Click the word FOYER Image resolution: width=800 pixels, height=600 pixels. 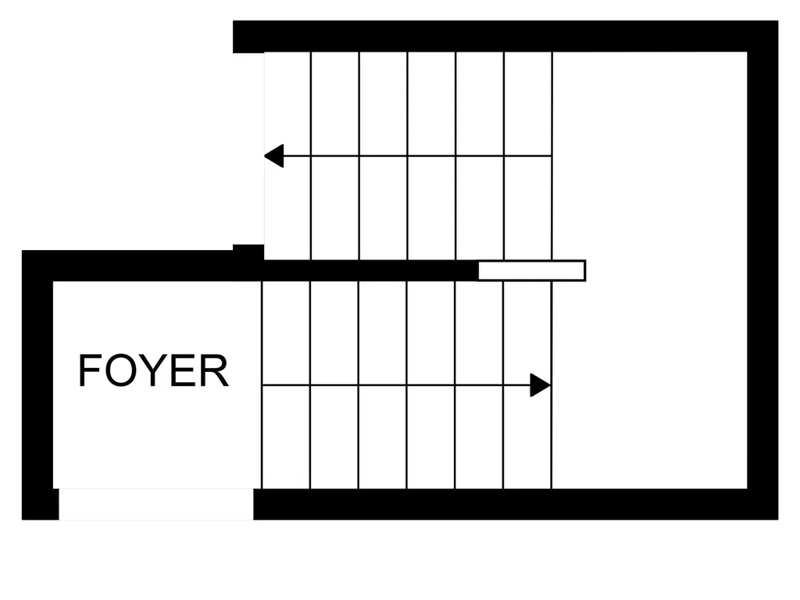point(153,370)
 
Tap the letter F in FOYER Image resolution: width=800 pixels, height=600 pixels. point(89,370)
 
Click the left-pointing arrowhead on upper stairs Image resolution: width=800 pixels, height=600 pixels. point(274,155)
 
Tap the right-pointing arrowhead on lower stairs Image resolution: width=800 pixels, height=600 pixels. point(541,385)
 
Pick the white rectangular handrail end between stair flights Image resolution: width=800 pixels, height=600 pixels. point(531,270)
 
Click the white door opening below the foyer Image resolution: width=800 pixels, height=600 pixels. point(156,504)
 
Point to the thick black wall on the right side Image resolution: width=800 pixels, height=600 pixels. point(762,270)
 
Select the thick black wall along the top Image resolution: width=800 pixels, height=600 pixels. point(505,36)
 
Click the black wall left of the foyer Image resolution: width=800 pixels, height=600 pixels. point(37,385)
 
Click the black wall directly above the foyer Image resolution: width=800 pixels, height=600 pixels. point(143,266)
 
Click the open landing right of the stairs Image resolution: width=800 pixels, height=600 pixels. point(649,270)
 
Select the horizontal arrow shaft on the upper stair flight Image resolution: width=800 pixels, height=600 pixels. point(417,155)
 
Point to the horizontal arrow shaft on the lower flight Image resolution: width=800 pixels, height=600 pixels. point(396,385)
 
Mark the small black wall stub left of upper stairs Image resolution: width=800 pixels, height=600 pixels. point(248,252)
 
